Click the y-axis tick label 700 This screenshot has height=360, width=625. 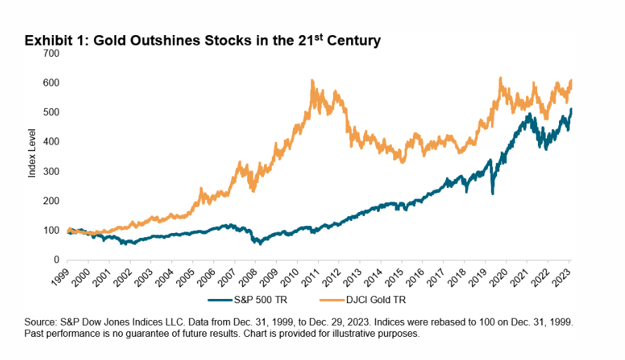click(52, 53)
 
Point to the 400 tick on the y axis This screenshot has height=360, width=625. click(52, 142)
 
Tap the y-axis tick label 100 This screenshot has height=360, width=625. click(52, 230)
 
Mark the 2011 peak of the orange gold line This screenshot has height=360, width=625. click(311, 81)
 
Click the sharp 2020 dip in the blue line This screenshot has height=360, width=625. click(492, 193)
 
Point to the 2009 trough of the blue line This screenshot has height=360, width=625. click(261, 244)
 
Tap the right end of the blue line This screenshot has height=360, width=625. click(572, 109)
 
